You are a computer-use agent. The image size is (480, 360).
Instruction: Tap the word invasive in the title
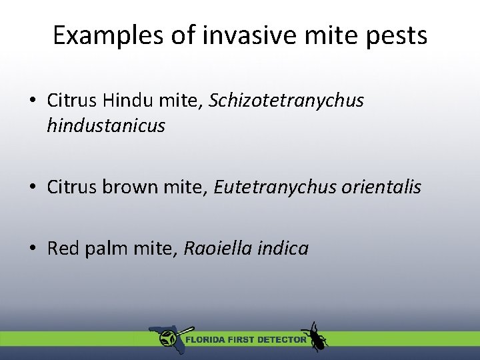pos(234,35)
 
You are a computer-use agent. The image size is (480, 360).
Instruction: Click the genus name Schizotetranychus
pos(287,101)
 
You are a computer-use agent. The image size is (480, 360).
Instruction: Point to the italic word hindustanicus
pos(105,125)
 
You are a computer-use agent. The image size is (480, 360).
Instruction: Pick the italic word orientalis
pos(381,187)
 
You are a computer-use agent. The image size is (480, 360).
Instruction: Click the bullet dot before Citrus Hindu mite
pos(32,101)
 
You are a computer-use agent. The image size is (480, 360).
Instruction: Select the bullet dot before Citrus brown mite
pos(32,188)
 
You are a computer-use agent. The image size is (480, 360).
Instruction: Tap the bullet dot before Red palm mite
pos(32,249)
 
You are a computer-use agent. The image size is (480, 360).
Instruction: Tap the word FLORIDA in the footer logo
pos(205,339)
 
